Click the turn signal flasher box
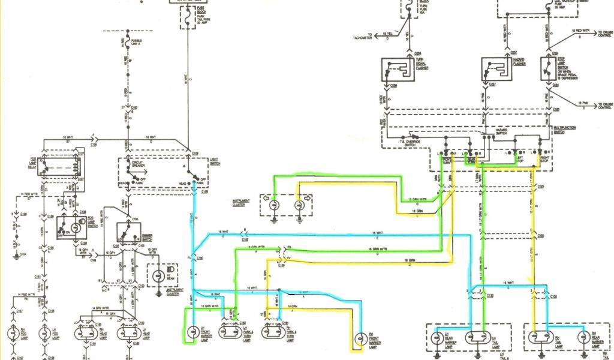(396, 70)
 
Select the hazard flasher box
(496, 70)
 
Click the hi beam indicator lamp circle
(159, 277)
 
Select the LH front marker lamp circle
(192, 332)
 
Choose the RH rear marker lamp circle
(582, 338)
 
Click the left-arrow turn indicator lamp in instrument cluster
(273, 205)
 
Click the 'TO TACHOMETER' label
(366, 37)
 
